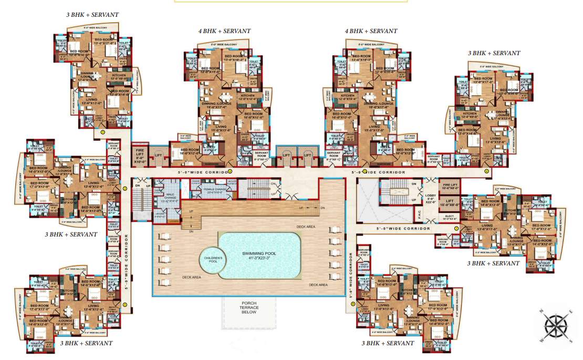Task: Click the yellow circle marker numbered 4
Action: [230, 171]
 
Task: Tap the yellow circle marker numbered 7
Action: [456, 228]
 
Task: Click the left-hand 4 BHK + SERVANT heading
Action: [224, 32]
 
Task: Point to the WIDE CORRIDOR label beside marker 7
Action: [403, 229]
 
